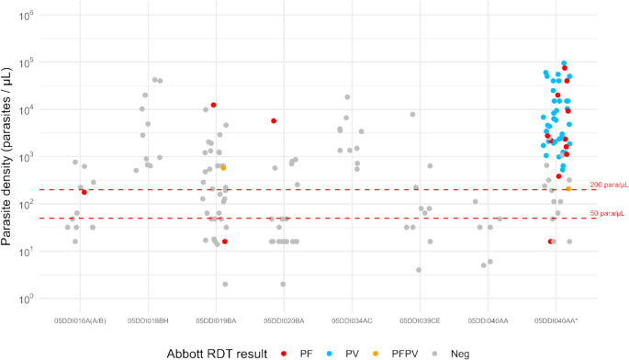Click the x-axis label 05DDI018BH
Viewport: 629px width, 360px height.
click(147, 321)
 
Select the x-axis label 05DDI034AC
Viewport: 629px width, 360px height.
click(352, 321)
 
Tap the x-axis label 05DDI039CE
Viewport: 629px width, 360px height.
click(420, 321)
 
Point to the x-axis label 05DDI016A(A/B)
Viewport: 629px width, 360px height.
click(79, 321)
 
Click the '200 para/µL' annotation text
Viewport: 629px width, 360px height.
click(607, 185)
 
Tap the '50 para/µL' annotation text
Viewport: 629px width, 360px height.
click(607, 214)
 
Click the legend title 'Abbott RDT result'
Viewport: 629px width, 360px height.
click(218, 352)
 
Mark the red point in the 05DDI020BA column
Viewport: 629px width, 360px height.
click(274, 121)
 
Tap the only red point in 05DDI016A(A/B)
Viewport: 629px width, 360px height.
click(84, 192)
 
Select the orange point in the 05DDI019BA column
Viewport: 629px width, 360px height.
click(223, 168)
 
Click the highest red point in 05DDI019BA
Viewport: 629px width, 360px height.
click(213, 105)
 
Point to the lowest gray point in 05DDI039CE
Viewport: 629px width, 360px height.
click(419, 270)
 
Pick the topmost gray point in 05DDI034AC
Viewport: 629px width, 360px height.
click(347, 97)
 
